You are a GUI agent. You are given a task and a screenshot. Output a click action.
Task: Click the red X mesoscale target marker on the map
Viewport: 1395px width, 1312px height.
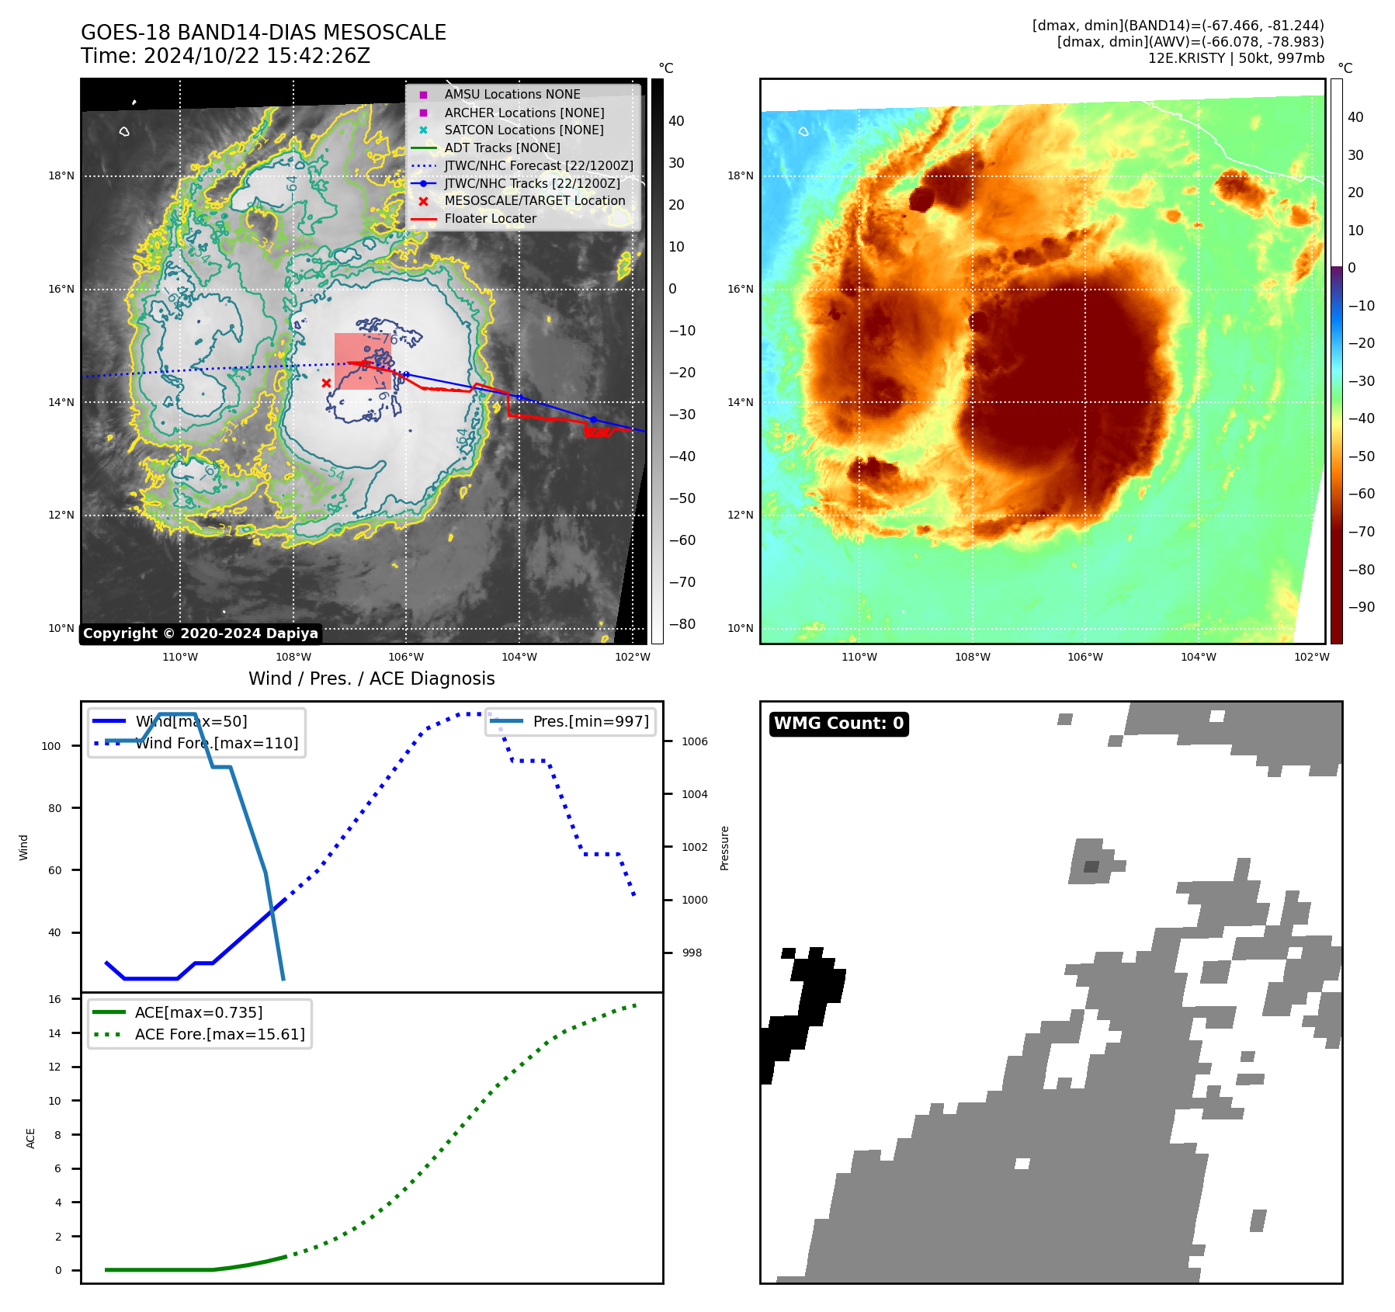point(326,383)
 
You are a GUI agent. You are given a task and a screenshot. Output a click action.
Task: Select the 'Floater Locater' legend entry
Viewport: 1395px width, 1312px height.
point(490,219)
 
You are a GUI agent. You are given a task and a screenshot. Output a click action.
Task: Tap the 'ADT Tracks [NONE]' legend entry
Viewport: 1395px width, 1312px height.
point(501,148)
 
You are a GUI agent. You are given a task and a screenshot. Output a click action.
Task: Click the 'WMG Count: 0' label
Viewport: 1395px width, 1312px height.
point(838,724)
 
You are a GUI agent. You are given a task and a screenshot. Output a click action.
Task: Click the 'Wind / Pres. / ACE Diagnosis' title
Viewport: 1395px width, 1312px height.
point(371,679)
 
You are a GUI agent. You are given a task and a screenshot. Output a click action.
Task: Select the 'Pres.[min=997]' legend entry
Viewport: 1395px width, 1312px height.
point(590,721)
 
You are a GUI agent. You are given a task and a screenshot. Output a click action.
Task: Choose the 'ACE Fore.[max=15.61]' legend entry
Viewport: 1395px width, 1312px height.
point(220,1034)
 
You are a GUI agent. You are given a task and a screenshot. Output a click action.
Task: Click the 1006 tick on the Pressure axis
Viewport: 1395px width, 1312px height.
point(694,741)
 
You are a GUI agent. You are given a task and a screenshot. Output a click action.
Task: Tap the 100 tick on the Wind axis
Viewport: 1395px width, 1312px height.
point(51,746)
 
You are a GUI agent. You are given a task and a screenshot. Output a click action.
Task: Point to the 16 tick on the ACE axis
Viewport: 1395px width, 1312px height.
point(55,999)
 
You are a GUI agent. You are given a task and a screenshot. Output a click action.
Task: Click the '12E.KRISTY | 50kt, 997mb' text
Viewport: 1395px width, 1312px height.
point(1236,58)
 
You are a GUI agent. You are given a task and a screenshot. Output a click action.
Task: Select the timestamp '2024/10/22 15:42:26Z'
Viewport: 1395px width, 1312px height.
point(257,56)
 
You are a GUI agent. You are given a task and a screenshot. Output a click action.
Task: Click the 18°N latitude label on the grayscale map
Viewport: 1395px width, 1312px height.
point(61,176)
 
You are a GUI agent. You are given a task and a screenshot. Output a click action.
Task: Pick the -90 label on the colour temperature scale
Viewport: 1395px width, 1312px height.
point(1361,607)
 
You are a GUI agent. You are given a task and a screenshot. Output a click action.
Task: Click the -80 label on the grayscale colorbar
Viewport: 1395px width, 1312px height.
point(682,624)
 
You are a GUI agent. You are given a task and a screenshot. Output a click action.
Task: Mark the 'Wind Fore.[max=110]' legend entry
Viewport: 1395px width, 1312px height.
point(217,743)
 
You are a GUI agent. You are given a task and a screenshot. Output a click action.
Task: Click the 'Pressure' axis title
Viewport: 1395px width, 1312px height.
point(724,848)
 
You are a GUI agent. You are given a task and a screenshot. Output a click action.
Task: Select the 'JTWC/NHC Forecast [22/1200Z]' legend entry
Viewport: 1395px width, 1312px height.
point(538,165)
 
